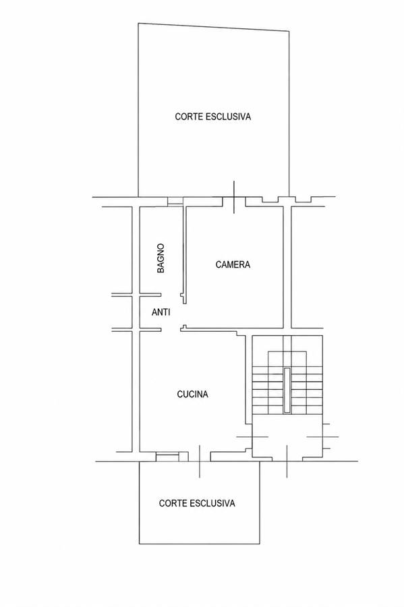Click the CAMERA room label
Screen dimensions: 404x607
coord(233,264)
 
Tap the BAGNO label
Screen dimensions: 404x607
coord(161,258)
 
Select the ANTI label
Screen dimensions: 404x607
coord(161,312)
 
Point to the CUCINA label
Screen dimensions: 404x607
coord(192,394)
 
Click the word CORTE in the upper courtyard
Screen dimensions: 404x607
coord(188,117)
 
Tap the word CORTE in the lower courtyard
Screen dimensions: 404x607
coord(173,503)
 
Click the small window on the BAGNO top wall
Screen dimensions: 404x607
coord(175,201)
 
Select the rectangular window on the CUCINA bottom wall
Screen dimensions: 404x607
coord(167,457)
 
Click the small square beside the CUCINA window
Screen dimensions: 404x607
coord(184,457)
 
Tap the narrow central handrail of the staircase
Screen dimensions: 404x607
coord(287,391)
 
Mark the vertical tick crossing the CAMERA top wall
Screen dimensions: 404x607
coord(234,197)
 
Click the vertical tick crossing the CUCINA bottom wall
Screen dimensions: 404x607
coord(200,461)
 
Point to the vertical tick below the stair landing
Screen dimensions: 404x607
coord(287,461)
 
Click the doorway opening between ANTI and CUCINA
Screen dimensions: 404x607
coord(171,330)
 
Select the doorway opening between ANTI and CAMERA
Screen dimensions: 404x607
coord(183,314)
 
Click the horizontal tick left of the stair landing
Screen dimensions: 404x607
coord(252,436)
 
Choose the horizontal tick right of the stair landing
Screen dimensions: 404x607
coord(323,436)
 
